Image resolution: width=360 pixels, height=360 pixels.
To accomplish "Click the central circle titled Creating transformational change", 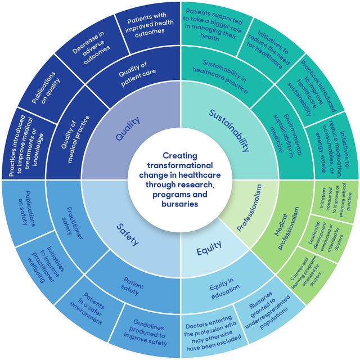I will point(180,179).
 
